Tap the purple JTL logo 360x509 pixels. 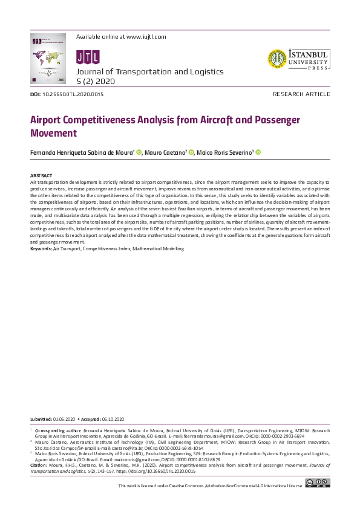pyautogui.click(x=82, y=57)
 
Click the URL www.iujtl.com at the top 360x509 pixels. pyautogui.click(x=146, y=37)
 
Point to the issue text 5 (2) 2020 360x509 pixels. pyautogui.click(x=97, y=80)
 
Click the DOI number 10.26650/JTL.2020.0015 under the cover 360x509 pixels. pyautogui.click(x=73, y=95)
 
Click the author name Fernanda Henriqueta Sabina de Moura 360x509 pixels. pyautogui.click(x=82, y=153)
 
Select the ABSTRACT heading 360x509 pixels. pyautogui.click(x=41, y=175)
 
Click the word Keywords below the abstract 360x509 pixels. pyautogui.click(x=41, y=248)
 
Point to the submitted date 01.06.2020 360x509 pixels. pyautogui.click(x=64, y=419)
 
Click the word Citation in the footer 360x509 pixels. pyautogui.click(x=38, y=465)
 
